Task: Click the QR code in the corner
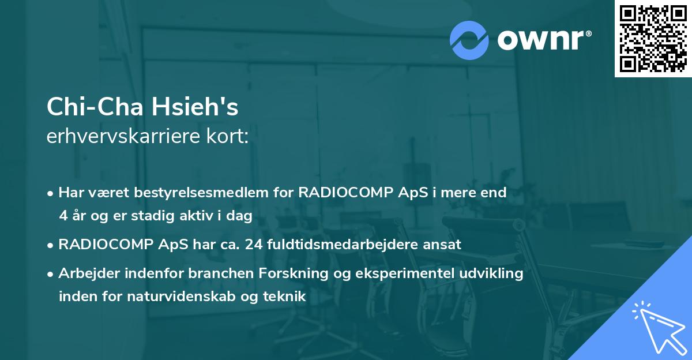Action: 653,39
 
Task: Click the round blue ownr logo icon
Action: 469,40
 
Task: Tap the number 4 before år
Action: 63,215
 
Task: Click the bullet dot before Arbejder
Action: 51,273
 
